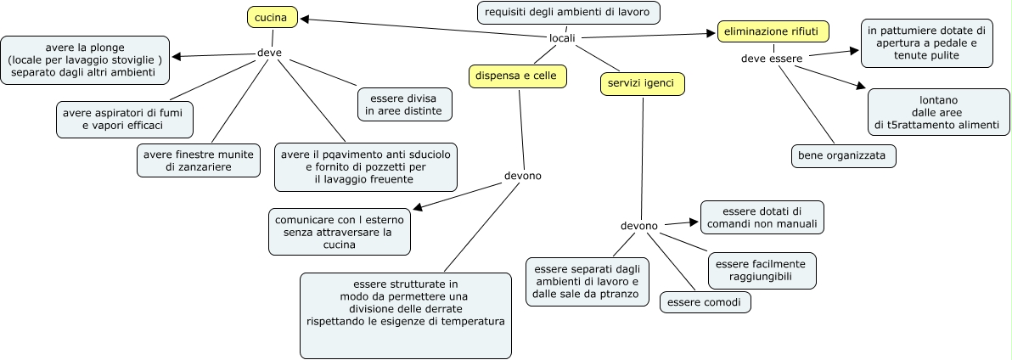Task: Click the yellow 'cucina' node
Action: point(273,17)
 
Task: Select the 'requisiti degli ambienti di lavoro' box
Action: point(568,13)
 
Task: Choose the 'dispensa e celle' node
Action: point(517,76)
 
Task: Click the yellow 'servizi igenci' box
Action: point(642,83)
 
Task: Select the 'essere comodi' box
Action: point(705,302)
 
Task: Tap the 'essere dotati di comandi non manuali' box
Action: point(762,217)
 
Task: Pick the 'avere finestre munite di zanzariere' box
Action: point(199,160)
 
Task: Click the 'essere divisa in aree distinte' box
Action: point(404,104)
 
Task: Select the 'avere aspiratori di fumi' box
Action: point(124,119)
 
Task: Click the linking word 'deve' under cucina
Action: point(269,53)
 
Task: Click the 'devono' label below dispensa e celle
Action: point(522,177)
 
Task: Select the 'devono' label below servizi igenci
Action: point(638,226)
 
